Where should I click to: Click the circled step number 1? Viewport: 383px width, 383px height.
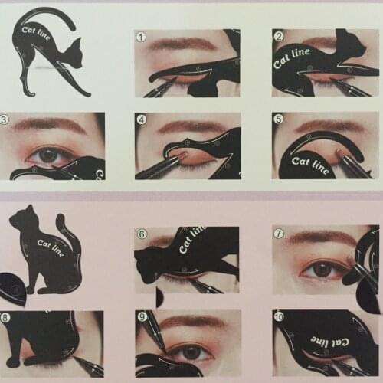(141, 36)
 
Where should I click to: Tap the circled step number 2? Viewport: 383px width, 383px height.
(279, 36)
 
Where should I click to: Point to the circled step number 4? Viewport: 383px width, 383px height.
(142, 119)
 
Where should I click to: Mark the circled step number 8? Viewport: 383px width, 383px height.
(6, 317)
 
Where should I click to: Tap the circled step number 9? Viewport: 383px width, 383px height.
(142, 316)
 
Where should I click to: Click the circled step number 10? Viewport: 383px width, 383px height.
(280, 316)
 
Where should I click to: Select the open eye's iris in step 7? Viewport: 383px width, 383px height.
(322, 269)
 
